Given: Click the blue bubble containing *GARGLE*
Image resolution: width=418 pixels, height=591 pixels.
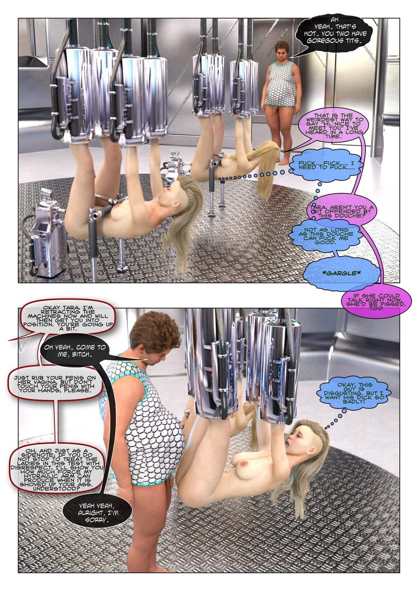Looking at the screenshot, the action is point(344,273).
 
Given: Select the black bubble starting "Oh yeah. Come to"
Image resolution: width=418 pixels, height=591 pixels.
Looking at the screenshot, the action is point(76,351).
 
